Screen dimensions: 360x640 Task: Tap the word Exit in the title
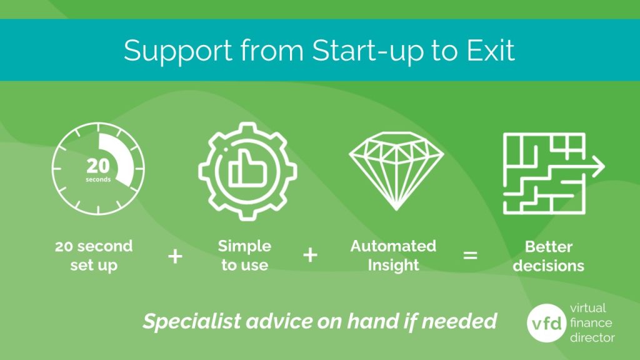pyautogui.click(x=491, y=50)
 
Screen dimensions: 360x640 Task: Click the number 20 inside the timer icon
pyautogui.click(x=97, y=166)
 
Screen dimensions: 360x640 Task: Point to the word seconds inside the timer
pyautogui.click(x=98, y=180)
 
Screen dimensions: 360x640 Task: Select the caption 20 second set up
pyautogui.click(x=94, y=256)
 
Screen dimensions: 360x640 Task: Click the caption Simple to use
pyautogui.click(x=244, y=256)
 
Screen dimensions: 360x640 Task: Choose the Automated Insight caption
pyautogui.click(x=393, y=256)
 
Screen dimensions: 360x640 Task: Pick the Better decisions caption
pyautogui.click(x=549, y=256)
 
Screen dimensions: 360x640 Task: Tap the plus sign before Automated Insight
pyautogui.click(x=310, y=255)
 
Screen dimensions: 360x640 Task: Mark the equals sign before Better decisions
pyautogui.click(x=470, y=256)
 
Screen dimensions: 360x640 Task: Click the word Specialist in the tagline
pyautogui.click(x=181, y=322)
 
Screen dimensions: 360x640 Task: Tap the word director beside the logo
pyautogui.click(x=592, y=337)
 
